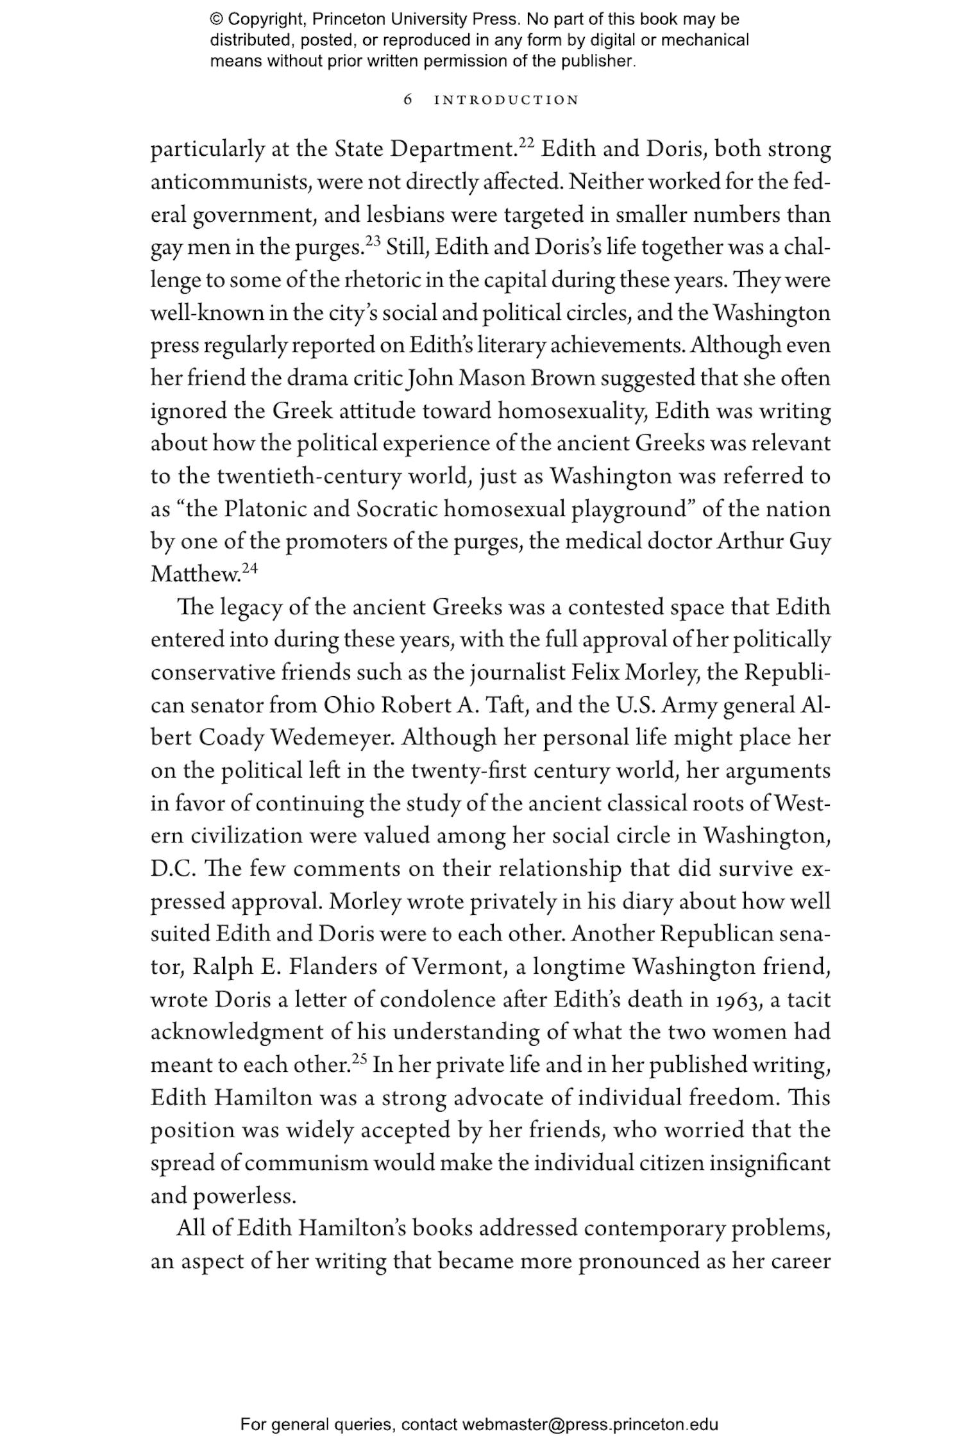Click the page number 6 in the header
point(408,100)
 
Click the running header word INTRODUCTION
point(507,100)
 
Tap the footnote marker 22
point(526,143)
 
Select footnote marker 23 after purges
point(373,241)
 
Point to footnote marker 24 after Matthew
point(249,568)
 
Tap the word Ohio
point(349,706)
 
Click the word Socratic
point(396,510)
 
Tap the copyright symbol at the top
point(216,19)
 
